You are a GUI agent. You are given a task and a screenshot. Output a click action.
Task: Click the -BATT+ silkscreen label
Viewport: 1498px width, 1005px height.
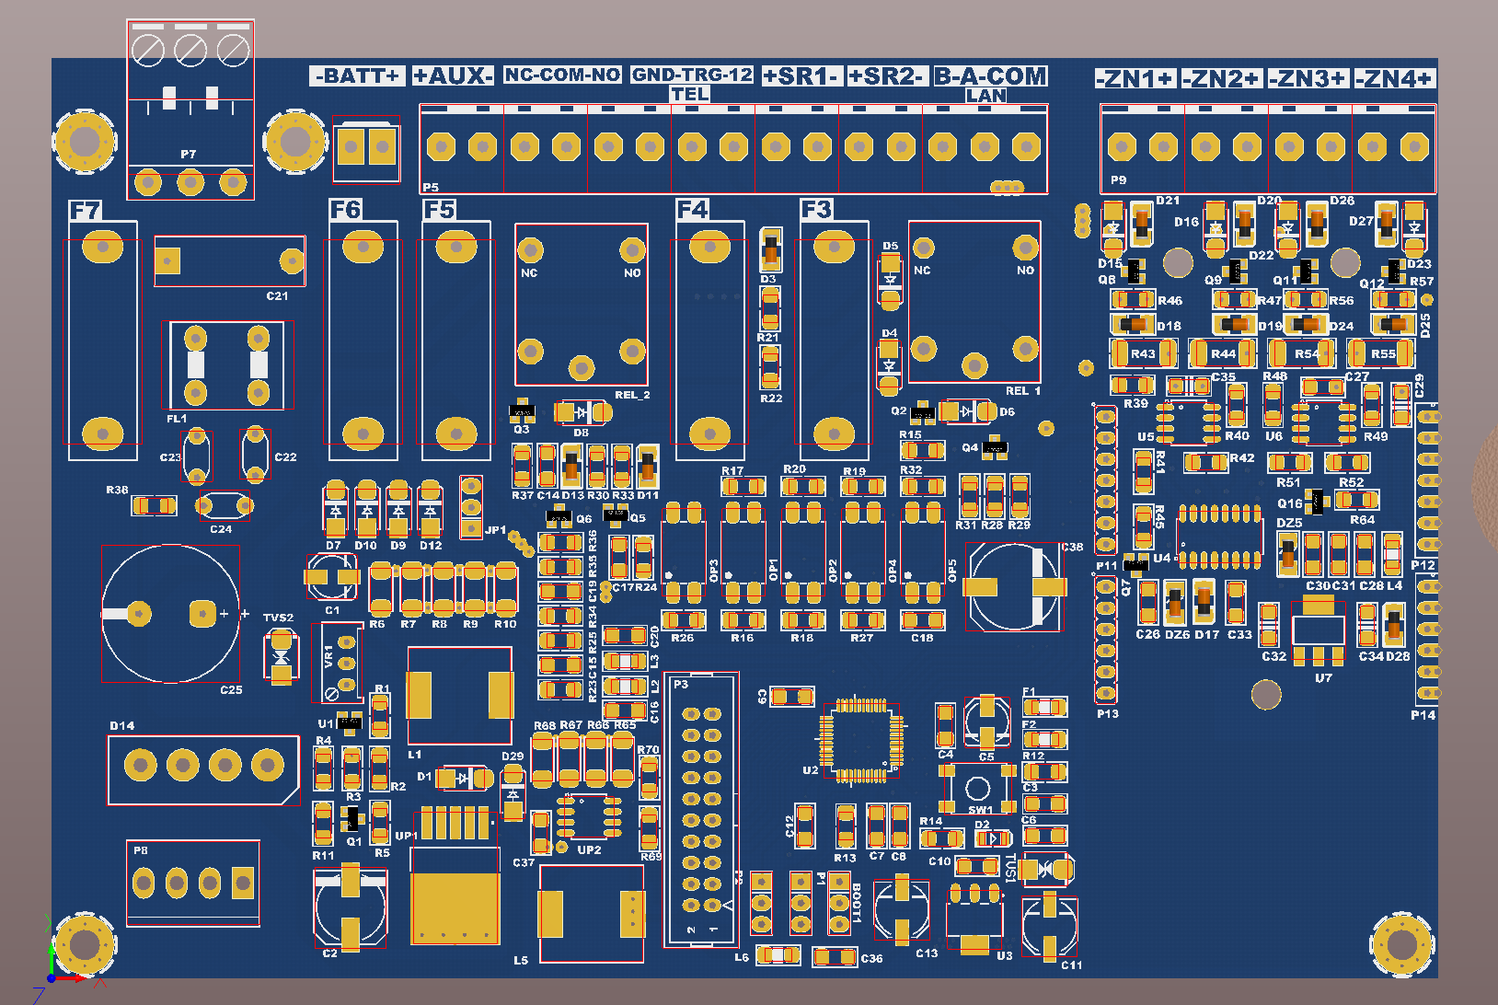click(358, 75)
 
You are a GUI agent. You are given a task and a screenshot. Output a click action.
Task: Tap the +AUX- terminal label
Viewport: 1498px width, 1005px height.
click(453, 75)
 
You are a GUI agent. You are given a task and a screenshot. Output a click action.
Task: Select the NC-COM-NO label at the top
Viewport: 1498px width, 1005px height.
click(562, 75)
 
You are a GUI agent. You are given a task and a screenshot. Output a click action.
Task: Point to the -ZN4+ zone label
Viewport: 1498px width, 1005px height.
click(1395, 79)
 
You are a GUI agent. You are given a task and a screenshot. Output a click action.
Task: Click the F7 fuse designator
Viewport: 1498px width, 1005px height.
click(85, 211)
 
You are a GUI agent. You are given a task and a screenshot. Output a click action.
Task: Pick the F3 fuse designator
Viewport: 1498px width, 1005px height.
click(815, 210)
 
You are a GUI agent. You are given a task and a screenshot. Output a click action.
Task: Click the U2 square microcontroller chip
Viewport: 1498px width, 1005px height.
click(860, 739)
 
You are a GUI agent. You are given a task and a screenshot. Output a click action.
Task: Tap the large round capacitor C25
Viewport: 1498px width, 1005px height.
click(171, 613)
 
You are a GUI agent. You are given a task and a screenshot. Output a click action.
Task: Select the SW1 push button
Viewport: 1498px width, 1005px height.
click(978, 788)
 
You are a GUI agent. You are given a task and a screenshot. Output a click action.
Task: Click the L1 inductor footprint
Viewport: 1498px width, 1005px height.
click(459, 695)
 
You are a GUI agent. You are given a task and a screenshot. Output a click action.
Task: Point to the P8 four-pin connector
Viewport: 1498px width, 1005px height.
click(193, 884)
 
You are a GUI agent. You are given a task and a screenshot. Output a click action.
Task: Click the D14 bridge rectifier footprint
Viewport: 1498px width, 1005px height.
click(203, 765)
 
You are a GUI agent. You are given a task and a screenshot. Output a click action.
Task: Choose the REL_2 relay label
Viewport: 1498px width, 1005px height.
click(632, 395)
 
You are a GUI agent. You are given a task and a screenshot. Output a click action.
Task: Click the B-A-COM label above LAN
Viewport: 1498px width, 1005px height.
click(990, 75)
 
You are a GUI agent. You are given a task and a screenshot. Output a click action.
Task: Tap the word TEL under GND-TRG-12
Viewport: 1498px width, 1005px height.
click(689, 94)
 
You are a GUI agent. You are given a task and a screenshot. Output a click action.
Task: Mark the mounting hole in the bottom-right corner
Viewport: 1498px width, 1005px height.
click(1401, 944)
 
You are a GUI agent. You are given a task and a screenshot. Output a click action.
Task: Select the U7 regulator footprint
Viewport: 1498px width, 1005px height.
click(1319, 630)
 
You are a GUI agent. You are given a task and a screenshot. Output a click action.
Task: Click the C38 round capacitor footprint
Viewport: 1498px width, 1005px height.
click(1014, 587)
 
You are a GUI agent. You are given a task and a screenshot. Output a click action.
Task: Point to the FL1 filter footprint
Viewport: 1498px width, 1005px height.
click(227, 365)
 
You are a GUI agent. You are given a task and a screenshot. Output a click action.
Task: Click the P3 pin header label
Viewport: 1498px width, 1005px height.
click(681, 684)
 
